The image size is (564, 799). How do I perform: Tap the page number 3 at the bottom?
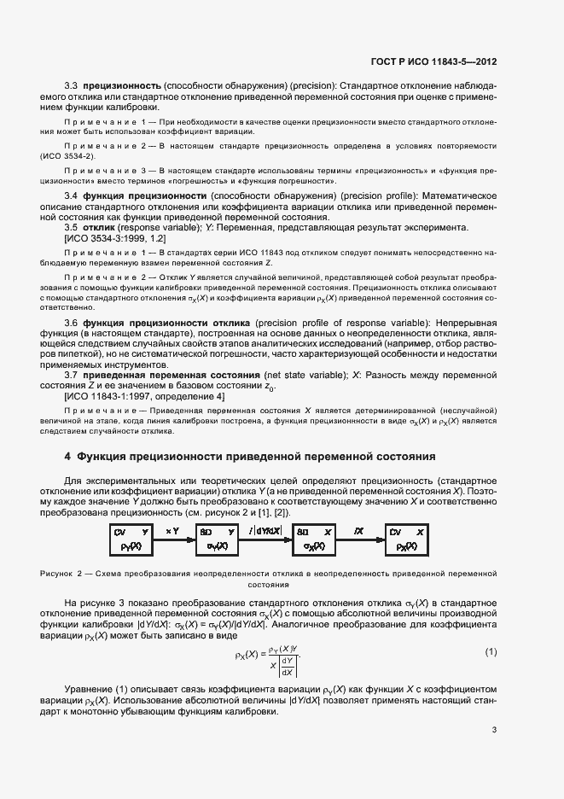tap(494, 730)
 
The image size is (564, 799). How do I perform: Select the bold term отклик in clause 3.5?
tap(101, 228)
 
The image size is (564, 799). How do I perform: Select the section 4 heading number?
tap(67, 457)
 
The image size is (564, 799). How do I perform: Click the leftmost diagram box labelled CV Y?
tap(131, 539)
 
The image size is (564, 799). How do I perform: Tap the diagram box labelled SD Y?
tap(217, 539)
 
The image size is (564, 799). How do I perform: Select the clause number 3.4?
tap(72, 196)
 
